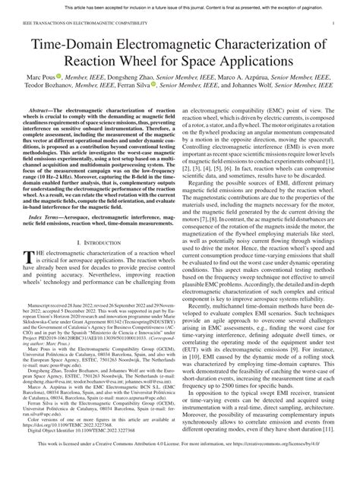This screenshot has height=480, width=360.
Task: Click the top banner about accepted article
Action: (x=180, y=7)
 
